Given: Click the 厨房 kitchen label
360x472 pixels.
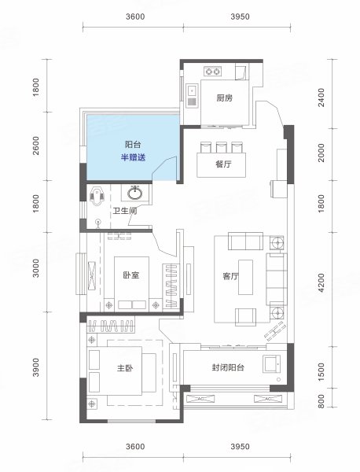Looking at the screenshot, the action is [224, 98].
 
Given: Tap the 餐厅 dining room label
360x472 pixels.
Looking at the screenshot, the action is [223, 164].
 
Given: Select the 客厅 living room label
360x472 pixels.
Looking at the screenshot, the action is [230, 276].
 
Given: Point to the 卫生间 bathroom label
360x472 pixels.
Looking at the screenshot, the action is [125, 211].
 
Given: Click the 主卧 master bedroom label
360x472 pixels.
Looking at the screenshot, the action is [125, 368].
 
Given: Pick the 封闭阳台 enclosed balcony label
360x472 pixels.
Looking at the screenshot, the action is [228, 367].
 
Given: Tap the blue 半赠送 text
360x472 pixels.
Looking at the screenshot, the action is [134, 157].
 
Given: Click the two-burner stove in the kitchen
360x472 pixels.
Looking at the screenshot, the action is [213, 72].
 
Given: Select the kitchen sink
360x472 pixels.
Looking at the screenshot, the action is [192, 95].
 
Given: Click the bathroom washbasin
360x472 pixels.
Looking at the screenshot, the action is [134, 194].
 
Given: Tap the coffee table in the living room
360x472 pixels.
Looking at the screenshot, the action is [246, 277].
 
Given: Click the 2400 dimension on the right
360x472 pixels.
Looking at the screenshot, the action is [321, 98].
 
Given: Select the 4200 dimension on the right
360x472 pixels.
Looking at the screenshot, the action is [321, 282].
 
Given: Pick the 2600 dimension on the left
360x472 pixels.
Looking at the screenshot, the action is [36, 146].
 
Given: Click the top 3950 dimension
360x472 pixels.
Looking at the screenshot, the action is [240, 17].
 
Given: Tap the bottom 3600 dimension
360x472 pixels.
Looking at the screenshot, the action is [135, 446].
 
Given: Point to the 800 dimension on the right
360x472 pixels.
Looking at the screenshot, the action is [321, 401].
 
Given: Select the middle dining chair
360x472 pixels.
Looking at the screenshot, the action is [221, 147].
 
